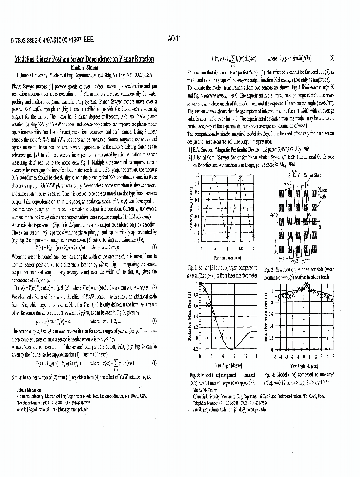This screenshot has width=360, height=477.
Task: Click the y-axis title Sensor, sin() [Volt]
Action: point(191,210)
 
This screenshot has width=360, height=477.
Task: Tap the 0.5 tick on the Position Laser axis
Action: point(215,249)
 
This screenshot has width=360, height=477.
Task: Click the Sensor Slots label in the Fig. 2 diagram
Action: point(312,176)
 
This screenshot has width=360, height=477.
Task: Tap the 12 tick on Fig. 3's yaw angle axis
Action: point(245,356)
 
